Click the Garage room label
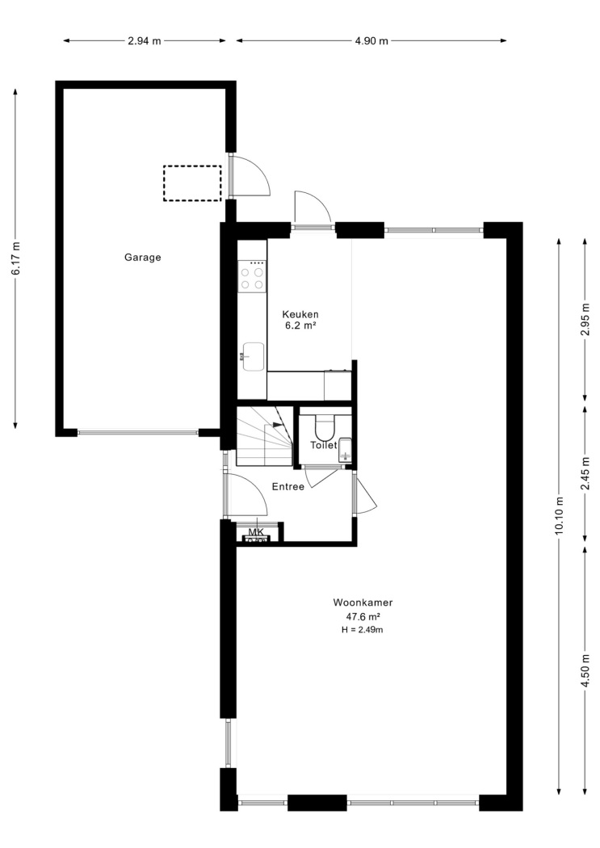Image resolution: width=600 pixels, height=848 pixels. coord(143,258)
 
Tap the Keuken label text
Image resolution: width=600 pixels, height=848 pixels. coord(300,314)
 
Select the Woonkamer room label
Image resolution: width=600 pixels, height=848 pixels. coord(363,602)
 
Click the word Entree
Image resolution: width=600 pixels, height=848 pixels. coord(288,487)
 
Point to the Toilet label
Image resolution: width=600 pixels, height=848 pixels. coord(324,445)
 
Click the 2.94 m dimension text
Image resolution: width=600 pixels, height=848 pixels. coord(145,40)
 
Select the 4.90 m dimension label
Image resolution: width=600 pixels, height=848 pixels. coord(371,40)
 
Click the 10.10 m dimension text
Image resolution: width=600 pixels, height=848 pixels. coord(559,515)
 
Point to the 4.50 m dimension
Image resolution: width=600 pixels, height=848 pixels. coord(585,671)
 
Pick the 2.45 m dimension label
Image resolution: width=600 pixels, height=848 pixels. coord(585,474)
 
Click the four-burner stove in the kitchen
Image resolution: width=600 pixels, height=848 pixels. coord(253,276)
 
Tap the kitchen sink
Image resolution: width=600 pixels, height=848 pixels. coord(253,356)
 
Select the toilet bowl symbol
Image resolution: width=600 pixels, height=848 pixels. coord(325,427)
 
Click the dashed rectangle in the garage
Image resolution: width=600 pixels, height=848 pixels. coord(192,183)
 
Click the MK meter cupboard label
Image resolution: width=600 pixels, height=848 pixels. coord(256,532)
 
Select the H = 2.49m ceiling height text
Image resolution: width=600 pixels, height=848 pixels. coord(363,629)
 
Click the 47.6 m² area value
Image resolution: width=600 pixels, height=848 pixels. coord(363,616)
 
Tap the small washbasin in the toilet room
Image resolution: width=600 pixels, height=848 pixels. coord(345,450)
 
